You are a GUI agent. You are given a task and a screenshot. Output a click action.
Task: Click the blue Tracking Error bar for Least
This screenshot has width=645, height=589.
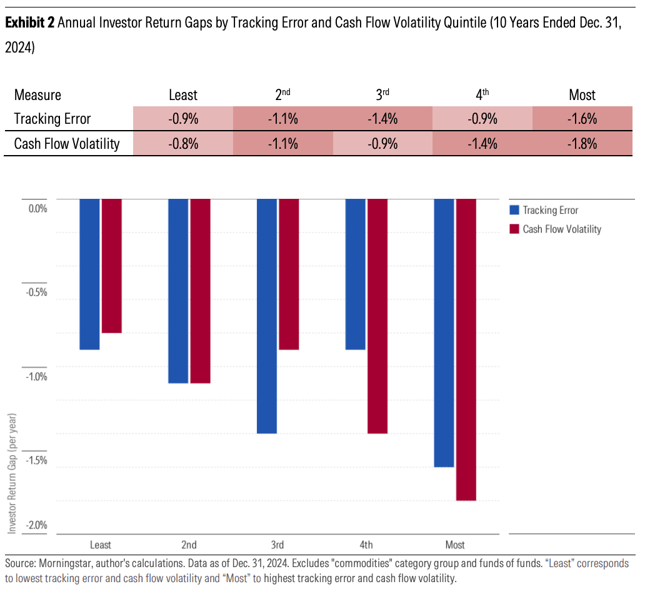[89, 274]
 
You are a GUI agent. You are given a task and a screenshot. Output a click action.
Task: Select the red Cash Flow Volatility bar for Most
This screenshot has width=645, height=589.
[466, 350]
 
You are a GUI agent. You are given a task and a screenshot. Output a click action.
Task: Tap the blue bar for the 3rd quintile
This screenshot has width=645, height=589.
[267, 316]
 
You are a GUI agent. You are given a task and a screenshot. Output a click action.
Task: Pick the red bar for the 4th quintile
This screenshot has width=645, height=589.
[377, 316]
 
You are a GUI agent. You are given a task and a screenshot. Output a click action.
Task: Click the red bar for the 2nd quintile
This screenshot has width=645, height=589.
[201, 291]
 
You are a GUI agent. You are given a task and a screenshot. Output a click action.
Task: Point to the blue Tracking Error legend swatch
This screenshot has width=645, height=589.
[514, 210]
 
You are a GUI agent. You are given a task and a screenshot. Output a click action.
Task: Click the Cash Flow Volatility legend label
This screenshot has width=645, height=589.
[562, 229]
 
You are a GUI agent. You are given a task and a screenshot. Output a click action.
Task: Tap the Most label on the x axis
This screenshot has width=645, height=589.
[455, 544]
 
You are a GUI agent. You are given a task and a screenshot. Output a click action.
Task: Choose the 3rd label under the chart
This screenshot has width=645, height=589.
[277, 544]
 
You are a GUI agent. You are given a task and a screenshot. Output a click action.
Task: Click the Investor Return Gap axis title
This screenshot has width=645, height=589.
[12, 473]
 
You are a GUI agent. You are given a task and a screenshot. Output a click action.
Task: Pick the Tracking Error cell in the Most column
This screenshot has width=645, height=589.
[582, 119]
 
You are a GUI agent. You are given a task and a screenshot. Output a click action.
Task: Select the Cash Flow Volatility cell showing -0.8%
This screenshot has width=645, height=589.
[183, 144]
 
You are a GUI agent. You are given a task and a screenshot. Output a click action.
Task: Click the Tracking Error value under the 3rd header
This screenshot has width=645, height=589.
[382, 119]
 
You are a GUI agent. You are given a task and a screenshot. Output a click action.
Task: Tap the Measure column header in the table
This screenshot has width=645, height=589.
[37, 95]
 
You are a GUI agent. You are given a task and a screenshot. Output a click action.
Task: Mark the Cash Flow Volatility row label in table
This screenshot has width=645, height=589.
[67, 144]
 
